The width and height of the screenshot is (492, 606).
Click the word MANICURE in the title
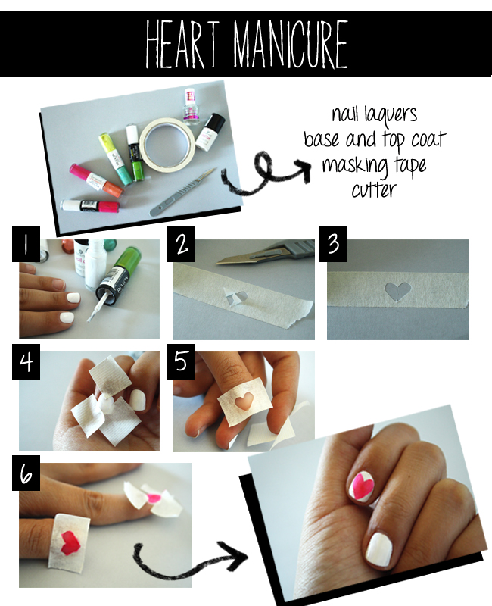click(291, 44)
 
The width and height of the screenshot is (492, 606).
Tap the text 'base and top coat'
click(374, 142)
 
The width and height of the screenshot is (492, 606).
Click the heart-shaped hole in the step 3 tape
click(398, 292)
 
